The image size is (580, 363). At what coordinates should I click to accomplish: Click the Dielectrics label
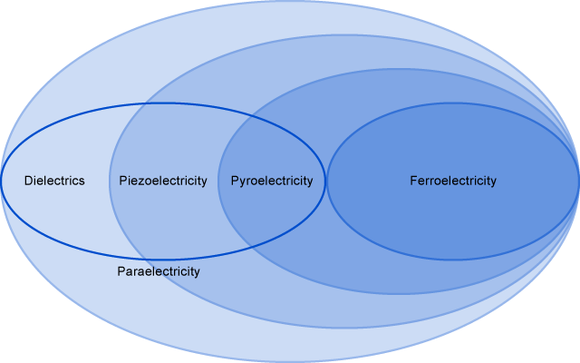[54, 181]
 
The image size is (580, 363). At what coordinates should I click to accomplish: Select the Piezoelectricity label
[163, 181]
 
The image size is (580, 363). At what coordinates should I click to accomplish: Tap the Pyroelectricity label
[272, 181]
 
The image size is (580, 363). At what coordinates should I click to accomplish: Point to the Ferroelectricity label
[453, 181]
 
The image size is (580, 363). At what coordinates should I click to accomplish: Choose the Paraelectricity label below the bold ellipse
[159, 271]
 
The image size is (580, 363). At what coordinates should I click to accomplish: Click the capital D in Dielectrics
[28, 181]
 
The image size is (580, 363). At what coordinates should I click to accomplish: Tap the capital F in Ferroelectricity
[413, 181]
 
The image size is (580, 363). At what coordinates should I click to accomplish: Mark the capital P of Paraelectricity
[121, 271]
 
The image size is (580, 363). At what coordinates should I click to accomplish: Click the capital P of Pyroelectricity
[235, 181]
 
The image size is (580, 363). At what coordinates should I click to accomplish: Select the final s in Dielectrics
[82, 181]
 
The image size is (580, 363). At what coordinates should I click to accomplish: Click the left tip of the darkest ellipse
[327, 181]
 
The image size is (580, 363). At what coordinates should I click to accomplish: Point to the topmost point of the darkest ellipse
[453, 104]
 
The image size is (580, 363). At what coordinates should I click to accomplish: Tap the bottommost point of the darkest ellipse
[453, 259]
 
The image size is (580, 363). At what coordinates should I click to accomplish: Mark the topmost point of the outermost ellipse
[290, 2]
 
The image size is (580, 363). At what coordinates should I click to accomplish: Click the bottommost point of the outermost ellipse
[290, 361]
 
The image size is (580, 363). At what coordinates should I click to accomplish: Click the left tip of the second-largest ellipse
[110, 181]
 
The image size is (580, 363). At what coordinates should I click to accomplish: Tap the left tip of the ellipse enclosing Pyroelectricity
[218, 181]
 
